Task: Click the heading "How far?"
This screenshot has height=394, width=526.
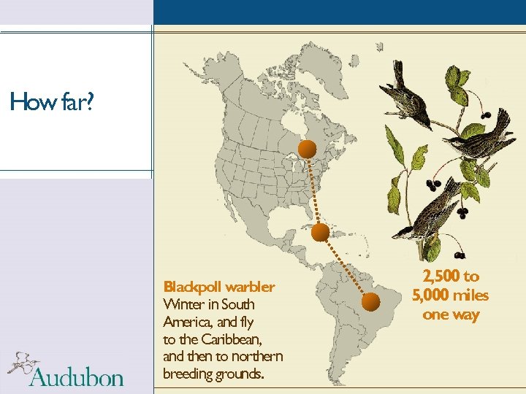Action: [x=52, y=102]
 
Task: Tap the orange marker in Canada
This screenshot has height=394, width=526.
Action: [x=308, y=150]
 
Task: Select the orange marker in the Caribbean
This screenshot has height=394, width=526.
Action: [x=320, y=233]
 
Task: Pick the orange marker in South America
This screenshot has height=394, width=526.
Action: [x=372, y=301]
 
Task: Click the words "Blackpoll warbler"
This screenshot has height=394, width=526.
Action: [x=219, y=287]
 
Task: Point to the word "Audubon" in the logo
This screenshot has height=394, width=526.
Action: [x=77, y=377]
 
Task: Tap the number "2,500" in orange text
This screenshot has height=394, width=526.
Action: [x=441, y=277]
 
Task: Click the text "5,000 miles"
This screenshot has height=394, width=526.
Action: [x=451, y=295]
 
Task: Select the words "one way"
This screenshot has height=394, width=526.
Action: [x=451, y=314]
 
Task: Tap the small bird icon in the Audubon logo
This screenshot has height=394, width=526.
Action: [x=22, y=363]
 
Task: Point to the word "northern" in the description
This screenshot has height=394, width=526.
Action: [x=256, y=357]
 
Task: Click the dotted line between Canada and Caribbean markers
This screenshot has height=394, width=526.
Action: [x=313, y=191]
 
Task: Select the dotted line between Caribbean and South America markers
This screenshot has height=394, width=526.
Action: [x=346, y=267]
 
